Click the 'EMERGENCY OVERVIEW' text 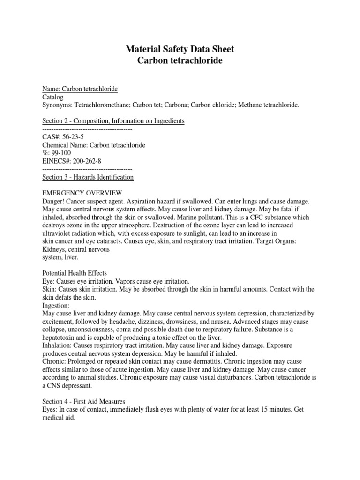click(82, 193)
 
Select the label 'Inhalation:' click(57, 345)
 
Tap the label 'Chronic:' click(54, 361)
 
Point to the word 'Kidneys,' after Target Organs click(54, 249)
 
